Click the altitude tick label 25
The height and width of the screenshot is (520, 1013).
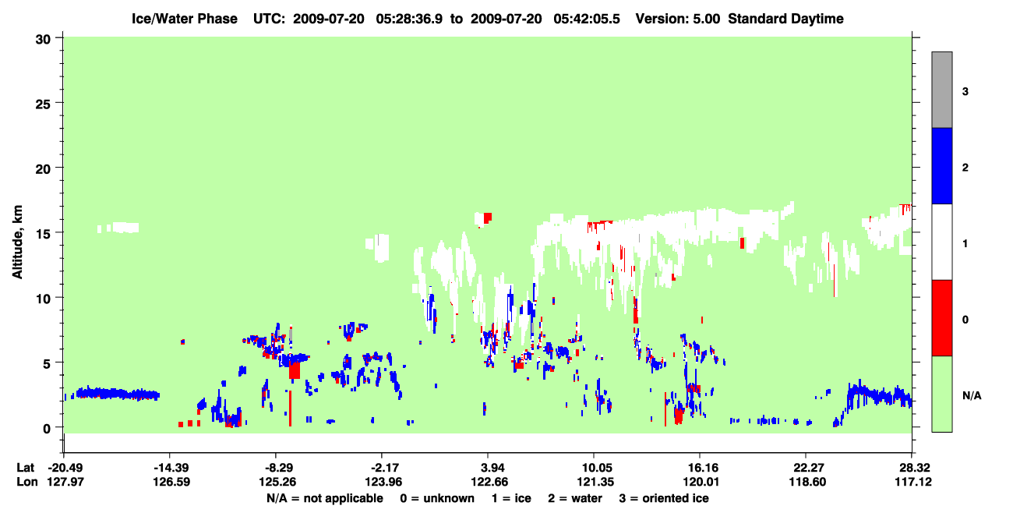(43, 104)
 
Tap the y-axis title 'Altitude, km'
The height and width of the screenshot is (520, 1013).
(17, 242)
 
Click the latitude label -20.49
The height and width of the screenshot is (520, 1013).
(65, 468)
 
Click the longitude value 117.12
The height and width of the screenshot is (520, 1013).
(913, 482)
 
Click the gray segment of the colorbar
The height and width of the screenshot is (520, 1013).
(942, 90)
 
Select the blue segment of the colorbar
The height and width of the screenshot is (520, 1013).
(942, 165)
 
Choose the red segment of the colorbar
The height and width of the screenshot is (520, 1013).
(942, 318)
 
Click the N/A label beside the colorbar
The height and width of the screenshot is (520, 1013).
(972, 396)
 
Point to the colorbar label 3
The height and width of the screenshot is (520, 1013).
(965, 92)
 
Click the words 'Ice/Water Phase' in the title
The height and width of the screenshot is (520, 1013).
(185, 19)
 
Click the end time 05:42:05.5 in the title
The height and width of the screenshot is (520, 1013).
(587, 19)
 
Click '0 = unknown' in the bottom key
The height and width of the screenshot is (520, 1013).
(437, 498)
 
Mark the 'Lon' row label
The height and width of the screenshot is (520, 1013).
(27, 482)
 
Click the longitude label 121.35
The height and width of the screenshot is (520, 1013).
(595, 482)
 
